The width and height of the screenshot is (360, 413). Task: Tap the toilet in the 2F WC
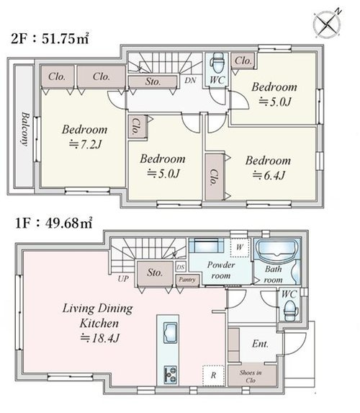(217, 63)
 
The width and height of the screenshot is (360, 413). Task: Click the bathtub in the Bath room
(277, 248)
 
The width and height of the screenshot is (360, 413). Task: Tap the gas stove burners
(170, 374)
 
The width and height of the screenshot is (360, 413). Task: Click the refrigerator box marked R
(213, 376)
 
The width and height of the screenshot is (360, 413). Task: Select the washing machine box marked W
(240, 248)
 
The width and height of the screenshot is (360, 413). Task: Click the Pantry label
(187, 280)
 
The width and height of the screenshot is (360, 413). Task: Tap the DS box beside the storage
(181, 267)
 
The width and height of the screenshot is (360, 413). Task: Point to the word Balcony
(25, 129)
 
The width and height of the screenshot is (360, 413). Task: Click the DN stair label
(190, 80)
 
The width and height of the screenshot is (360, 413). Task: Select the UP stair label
(123, 278)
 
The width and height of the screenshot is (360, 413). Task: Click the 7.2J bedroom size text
(85, 144)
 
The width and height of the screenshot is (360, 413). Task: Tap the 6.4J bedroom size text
(269, 175)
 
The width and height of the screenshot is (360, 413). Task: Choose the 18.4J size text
(100, 338)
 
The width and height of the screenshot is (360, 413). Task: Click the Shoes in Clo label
(251, 376)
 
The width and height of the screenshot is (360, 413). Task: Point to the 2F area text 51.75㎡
(66, 39)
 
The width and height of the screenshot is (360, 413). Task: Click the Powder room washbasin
(207, 246)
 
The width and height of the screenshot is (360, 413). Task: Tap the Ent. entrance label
(260, 344)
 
